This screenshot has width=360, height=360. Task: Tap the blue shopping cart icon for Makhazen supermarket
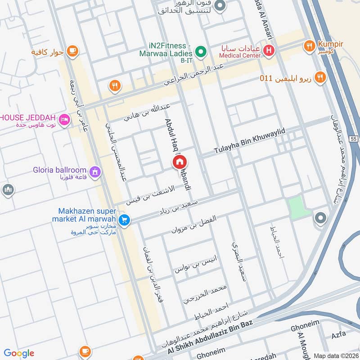pyautogui.click(x=125, y=220)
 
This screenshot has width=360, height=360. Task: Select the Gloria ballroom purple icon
pyautogui.click(x=95, y=171)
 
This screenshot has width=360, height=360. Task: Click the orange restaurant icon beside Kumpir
pyautogui.click(x=309, y=45)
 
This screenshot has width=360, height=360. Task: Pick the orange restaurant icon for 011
pyautogui.click(x=320, y=77)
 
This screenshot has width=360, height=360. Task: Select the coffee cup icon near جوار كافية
pyautogui.click(x=71, y=51)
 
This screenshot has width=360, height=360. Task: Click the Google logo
pyautogui.click(x=19, y=353)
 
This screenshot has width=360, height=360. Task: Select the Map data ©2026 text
pyautogui.click(x=335, y=355)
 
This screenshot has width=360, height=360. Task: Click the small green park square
pyautogui.click(x=299, y=207)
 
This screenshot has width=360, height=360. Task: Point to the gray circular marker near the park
pyautogui.click(x=320, y=218)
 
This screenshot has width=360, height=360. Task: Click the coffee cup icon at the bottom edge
pyautogui.click(x=84, y=352)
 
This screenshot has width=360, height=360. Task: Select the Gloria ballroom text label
pyautogui.click(x=59, y=170)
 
